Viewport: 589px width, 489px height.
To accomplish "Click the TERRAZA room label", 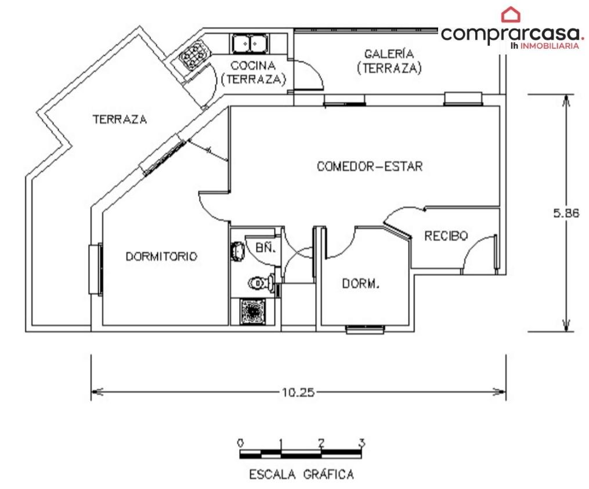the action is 120,119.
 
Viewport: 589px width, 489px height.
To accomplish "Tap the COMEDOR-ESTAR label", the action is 370,166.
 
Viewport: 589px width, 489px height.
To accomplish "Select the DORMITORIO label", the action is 161,256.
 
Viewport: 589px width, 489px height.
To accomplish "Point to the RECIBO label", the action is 446,236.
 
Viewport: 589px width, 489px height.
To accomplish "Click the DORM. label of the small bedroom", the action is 360,283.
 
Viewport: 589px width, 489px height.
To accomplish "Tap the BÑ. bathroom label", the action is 266,248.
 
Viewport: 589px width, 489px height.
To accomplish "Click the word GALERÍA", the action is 389,54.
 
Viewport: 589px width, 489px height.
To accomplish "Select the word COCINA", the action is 253,66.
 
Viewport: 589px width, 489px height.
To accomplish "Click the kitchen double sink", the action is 250,43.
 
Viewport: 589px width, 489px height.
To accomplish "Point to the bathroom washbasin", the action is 237,252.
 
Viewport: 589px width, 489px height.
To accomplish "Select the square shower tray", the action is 252,311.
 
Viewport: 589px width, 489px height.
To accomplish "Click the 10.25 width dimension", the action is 298,393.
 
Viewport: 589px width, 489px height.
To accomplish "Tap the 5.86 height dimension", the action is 566,213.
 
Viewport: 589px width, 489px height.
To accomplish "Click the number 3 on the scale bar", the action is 362,443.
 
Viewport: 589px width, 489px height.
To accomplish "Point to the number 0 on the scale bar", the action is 240,443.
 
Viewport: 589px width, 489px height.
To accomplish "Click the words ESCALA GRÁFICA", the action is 302,474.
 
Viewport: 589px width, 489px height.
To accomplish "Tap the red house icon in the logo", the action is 511,15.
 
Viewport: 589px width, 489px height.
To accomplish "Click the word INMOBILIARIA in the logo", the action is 550,46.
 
